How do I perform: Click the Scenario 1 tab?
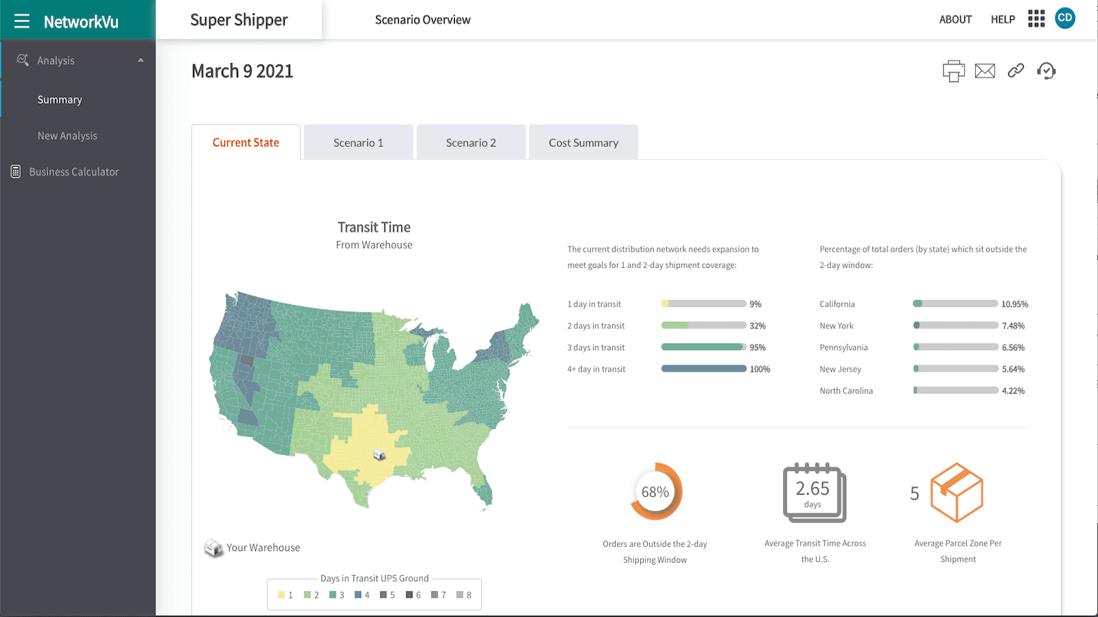pos(358,143)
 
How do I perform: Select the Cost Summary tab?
pos(583,143)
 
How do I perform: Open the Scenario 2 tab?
pos(471,143)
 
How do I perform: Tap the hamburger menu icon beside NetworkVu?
pos(22,21)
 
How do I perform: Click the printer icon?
pos(953,71)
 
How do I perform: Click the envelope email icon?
pos(985,71)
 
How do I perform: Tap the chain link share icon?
pos(1016,71)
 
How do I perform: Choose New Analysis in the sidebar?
pos(67,136)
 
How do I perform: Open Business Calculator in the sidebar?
pos(73,172)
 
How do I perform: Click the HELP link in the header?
pos(1003,20)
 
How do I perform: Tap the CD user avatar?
pos(1065,19)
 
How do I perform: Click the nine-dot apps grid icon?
pos(1036,19)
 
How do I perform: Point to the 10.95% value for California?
pos(1014,304)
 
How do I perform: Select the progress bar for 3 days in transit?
pos(703,347)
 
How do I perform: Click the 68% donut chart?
pos(655,492)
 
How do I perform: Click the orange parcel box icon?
pos(957,493)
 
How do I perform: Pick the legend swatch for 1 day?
pos(281,595)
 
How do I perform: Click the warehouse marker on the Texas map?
pos(379,455)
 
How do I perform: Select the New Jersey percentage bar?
pos(955,369)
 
